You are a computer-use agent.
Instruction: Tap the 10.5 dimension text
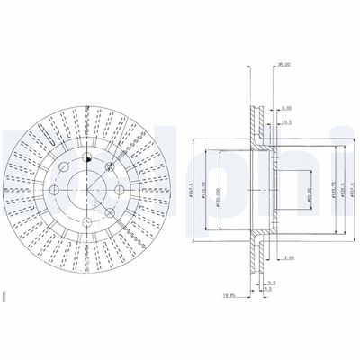point(287,122)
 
